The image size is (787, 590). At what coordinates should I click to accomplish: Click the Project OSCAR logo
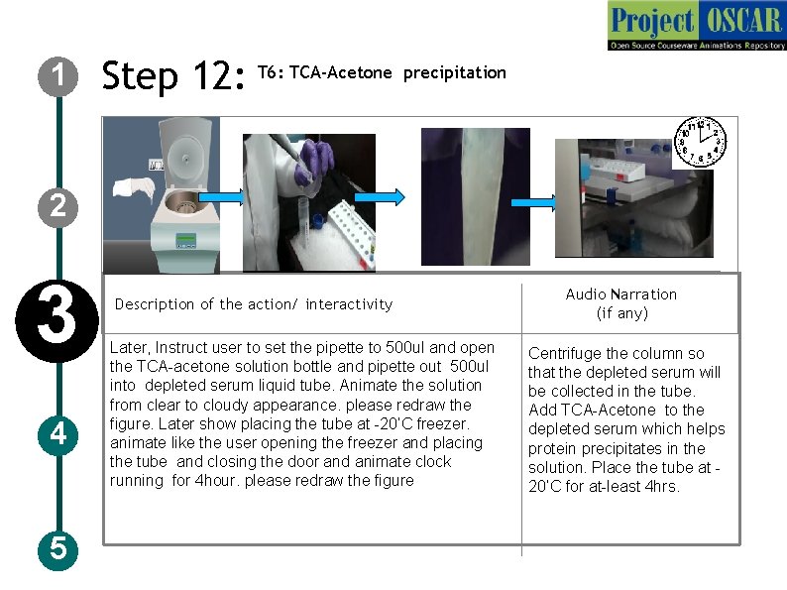(x=697, y=26)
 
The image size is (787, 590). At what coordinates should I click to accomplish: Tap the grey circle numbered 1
(x=57, y=76)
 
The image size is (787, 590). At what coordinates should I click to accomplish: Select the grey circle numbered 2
(x=57, y=207)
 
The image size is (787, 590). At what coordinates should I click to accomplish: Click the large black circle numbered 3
(x=56, y=321)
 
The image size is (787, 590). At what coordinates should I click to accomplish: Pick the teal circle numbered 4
(x=57, y=435)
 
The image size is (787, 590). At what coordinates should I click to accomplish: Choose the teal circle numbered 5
(x=57, y=549)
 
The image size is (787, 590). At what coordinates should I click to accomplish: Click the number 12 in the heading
(x=218, y=75)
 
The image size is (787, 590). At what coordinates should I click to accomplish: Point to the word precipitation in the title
(x=455, y=73)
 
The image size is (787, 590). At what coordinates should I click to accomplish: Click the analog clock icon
(x=700, y=142)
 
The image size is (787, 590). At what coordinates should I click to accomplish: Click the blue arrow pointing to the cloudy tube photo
(x=380, y=197)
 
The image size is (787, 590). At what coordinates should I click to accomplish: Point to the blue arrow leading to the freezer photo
(x=533, y=203)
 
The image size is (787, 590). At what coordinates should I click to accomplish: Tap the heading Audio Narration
(x=621, y=295)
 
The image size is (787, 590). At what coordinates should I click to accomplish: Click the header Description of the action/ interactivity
(x=254, y=304)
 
